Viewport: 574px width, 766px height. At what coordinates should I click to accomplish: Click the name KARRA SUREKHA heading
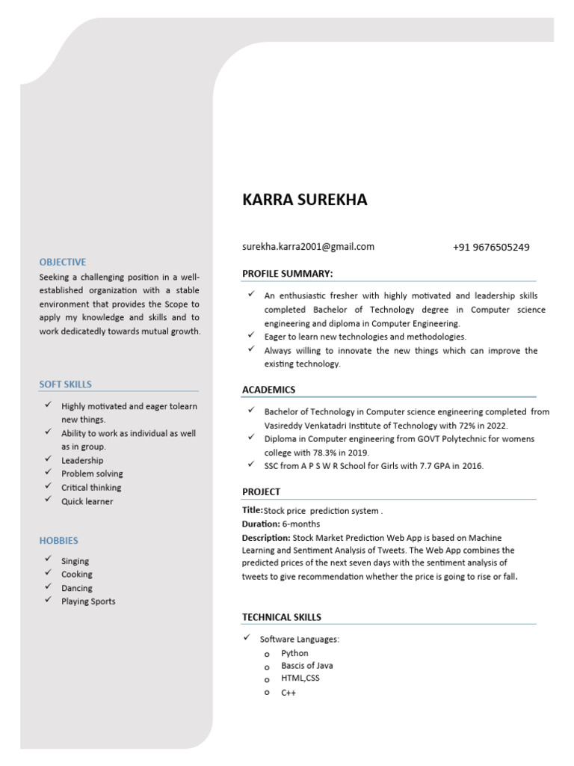point(305,200)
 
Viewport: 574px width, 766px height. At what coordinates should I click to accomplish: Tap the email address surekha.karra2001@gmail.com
point(308,247)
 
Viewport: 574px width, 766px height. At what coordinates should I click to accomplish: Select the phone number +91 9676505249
point(491,248)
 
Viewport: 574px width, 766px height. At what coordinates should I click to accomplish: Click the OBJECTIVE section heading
point(63,262)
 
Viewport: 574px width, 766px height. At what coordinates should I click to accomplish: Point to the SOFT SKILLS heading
point(66,384)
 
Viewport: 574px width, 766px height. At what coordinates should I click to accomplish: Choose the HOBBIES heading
point(58,540)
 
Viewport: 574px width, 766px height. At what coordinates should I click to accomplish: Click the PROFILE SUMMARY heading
point(288,274)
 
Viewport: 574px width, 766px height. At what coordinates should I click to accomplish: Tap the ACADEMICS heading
point(268,390)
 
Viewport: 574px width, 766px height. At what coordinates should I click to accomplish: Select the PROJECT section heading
point(261,491)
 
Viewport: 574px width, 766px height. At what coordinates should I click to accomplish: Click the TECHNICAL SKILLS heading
point(282,617)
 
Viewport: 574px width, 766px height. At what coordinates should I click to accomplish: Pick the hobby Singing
point(75,561)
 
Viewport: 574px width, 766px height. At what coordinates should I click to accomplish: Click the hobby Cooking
point(77,574)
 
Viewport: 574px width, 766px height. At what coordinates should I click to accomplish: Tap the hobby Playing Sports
point(88,601)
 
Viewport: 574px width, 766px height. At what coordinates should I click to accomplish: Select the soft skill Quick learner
point(87,501)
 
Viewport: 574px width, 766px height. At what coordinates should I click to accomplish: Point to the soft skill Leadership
point(82,461)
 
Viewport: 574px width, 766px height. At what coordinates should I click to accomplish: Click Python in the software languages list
point(294,653)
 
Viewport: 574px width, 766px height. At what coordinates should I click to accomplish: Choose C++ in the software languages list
point(288,693)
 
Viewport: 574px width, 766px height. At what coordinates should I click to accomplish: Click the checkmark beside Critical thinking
point(48,486)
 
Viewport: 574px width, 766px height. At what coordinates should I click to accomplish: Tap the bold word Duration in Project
point(260,524)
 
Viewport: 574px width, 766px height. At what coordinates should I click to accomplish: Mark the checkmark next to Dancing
point(48,587)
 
